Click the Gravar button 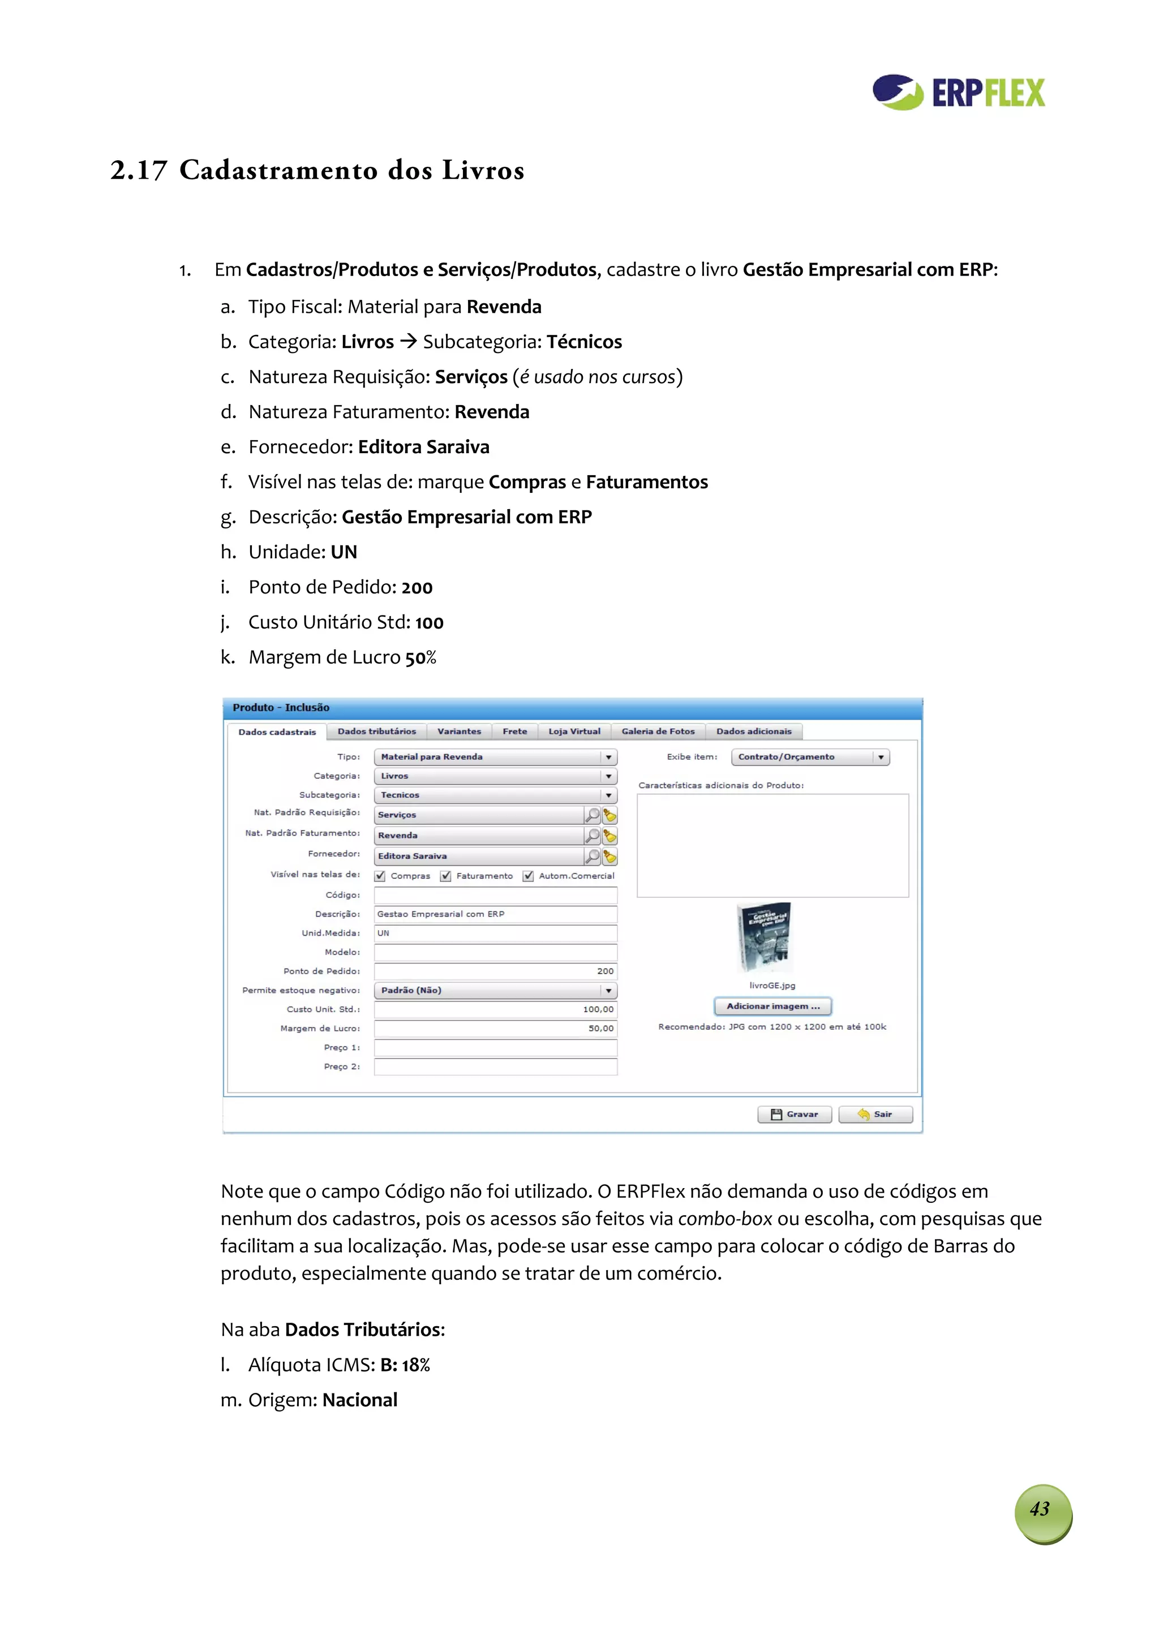794,1115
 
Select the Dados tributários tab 376,732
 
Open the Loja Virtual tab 574,732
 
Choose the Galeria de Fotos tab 658,732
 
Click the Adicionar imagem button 772,1006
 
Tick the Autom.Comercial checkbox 529,876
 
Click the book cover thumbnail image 764,937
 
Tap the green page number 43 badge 1042,1513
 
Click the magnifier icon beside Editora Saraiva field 592,856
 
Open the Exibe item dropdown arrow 881,758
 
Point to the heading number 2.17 139,171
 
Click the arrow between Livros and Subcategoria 409,342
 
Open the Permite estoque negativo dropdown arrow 608,991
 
